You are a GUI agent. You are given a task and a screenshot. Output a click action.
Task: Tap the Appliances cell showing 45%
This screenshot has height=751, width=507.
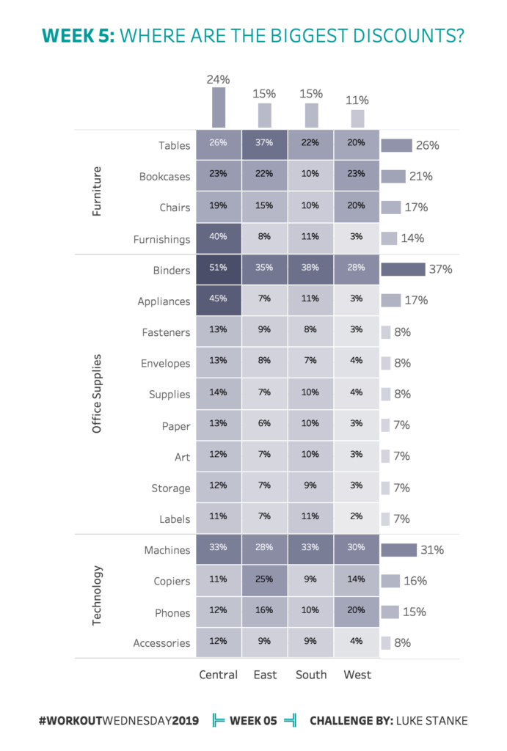[x=218, y=301]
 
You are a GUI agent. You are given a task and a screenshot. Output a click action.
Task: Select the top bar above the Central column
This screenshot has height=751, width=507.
[x=218, y=108]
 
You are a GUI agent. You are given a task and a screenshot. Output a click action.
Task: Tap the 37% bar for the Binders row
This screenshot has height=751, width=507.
[x=403, y=270]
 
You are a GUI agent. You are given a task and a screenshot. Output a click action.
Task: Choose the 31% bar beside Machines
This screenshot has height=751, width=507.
[x=398, y=550]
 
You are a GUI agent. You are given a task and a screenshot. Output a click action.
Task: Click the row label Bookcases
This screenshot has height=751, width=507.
[x=164, y=177]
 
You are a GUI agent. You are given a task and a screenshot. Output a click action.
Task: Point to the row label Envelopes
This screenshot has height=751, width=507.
[x=166, y=363]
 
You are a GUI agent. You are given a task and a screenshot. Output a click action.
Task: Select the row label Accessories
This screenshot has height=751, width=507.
[x=161, y=643]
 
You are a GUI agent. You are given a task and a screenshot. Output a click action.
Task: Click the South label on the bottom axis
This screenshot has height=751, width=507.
[x=311, y=675]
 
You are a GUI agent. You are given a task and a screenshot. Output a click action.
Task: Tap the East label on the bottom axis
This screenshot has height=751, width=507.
[x=265, y=675]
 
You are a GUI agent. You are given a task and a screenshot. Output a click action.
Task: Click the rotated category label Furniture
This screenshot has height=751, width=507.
[x=97, y=192]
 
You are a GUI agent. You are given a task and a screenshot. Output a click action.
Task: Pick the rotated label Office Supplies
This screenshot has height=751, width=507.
[x=97, y=394]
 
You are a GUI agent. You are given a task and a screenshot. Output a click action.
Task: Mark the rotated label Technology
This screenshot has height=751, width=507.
[x=97, y=596]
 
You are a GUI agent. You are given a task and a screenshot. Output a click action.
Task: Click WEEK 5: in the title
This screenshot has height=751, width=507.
[x=79, y=35]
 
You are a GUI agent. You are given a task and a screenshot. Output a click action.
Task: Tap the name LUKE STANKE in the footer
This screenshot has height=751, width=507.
[x=432, y=721]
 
